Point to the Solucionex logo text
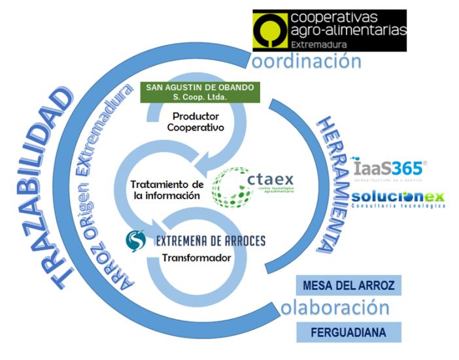tap(397, 197)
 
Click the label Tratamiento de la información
tap(167, 190)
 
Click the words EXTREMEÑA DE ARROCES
tap(210, 241)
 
